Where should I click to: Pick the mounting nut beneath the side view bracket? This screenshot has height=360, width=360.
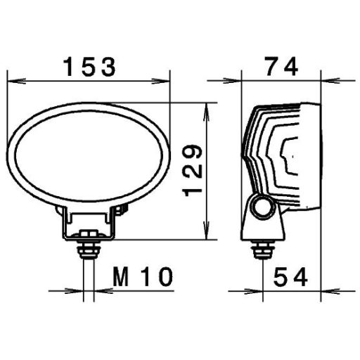[263, 247]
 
